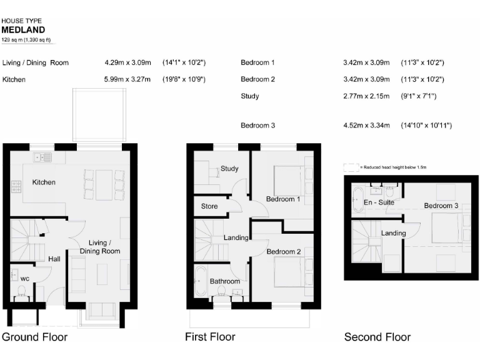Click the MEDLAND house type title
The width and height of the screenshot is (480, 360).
pos(22,29)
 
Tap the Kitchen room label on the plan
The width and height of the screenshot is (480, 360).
pos(44,182)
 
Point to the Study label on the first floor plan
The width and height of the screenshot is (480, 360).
pos(229,169)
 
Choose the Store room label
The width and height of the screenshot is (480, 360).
pos(209,206)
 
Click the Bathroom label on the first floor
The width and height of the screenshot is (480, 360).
pos(225,281)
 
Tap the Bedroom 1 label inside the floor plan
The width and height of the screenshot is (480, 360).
pos(284,199)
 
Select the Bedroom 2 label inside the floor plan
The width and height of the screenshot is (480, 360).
pos(284,252)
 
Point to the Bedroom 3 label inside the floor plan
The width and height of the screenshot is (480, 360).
pos(441,206)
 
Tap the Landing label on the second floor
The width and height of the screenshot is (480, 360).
pos(394,233)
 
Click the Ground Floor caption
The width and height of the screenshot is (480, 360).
pos(34,337)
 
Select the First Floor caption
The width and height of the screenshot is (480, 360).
pos(210,337)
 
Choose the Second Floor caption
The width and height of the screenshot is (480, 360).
pos(377,337)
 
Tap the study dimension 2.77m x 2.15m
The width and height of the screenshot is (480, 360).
pos(366,96)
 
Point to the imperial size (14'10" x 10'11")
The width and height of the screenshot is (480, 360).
pos(426,126)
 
